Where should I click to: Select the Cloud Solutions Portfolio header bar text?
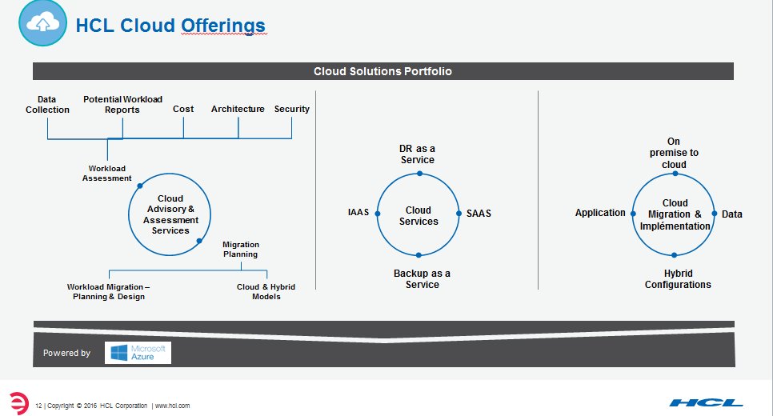382,71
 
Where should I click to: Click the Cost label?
183,109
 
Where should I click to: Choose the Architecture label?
238,109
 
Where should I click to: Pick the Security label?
291,109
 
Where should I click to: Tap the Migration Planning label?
240,250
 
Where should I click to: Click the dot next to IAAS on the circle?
377,214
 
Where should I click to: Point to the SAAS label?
479,214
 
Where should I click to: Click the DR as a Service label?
418,154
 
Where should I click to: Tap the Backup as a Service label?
422,278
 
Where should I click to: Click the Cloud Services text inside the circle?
419,216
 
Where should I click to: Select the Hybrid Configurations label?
677,278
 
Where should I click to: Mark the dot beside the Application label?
633,214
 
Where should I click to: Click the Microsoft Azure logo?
138,353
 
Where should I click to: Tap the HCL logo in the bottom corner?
707,402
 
